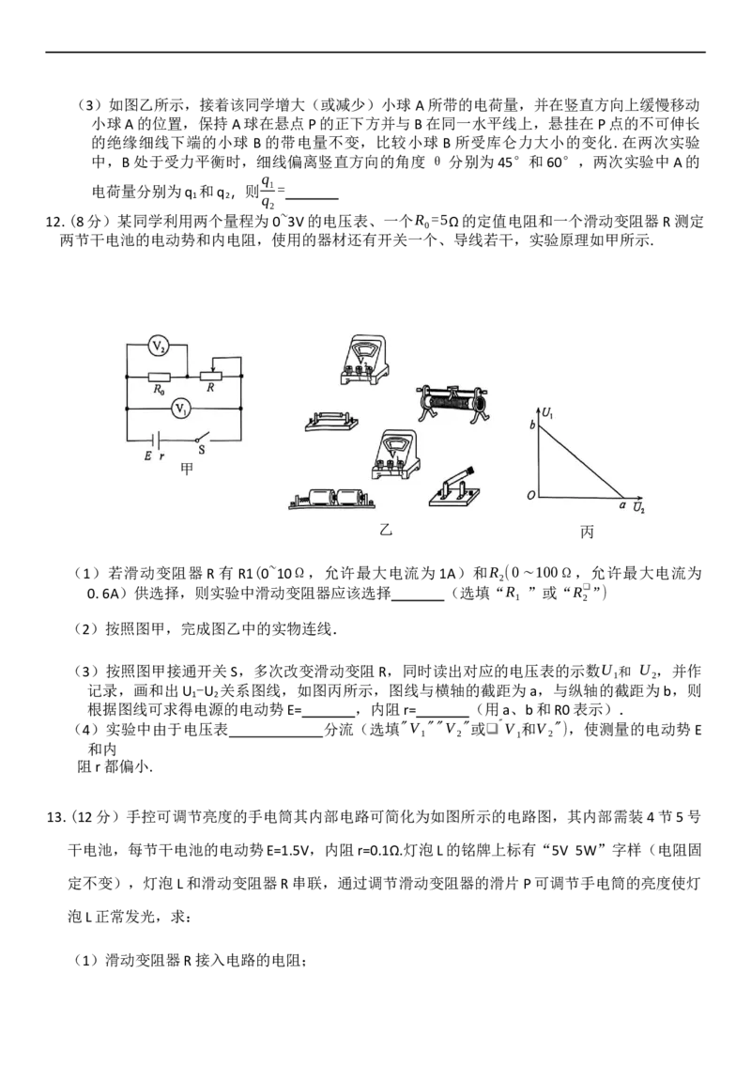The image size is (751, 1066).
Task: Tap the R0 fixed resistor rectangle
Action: click(x=158, y=375)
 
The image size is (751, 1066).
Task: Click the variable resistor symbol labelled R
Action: click(x=214, y=375)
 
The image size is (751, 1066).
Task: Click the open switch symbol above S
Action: click(x=201, y=439)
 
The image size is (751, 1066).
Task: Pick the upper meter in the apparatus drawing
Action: click(x=360, y=361)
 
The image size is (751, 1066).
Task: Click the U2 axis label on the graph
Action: click(x=638, y=508)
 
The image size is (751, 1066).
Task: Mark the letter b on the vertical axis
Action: click(x=533, y=426)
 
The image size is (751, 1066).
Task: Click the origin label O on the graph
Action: click(x=531, y=495)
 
